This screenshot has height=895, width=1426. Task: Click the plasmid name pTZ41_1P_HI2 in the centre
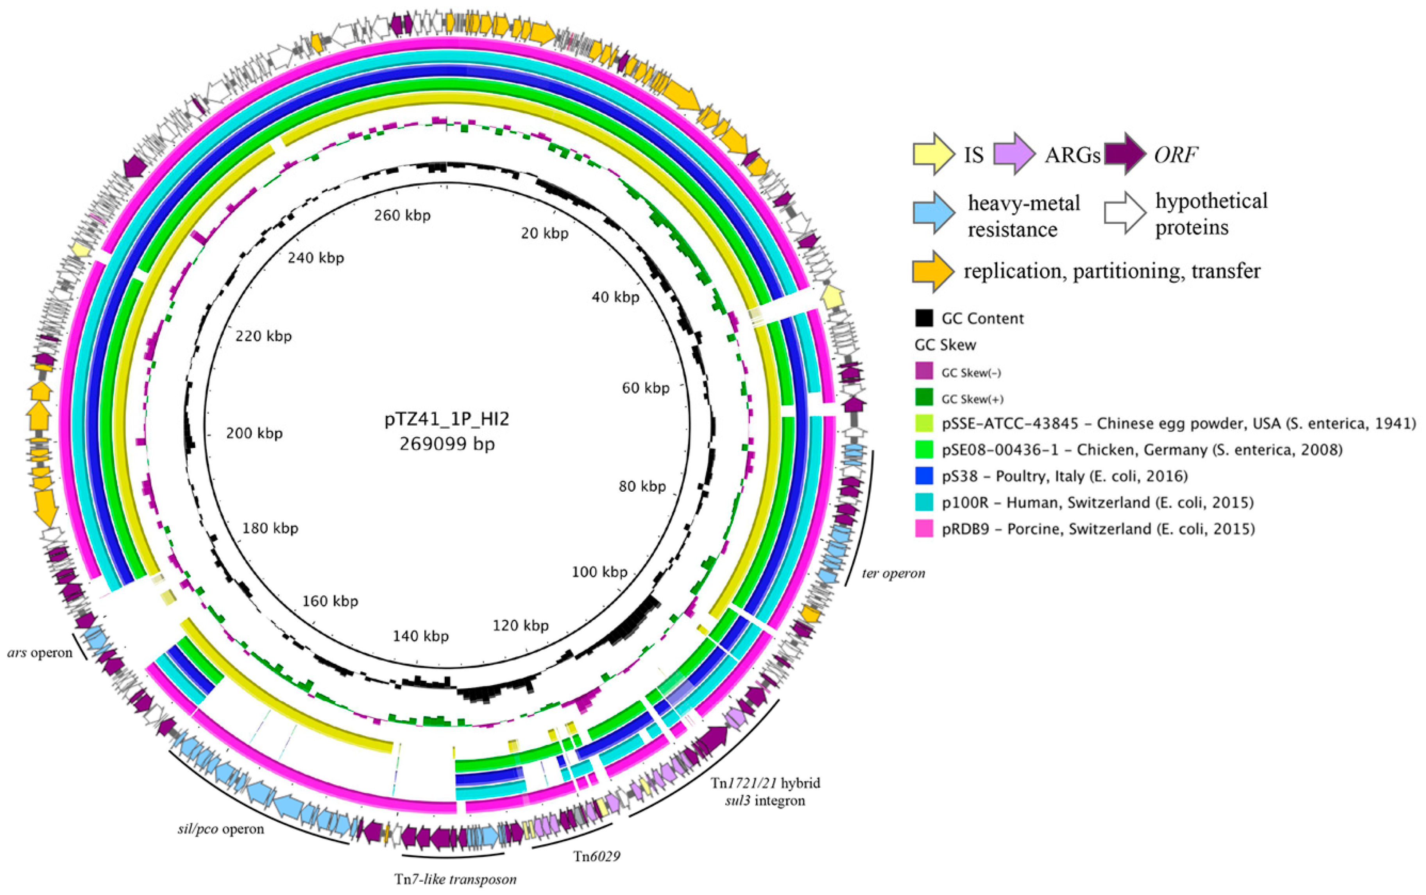447,419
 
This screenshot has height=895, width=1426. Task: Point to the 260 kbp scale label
403,215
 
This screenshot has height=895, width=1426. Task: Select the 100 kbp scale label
599,572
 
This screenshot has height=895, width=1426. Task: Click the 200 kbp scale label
254,433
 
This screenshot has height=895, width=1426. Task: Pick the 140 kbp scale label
421,636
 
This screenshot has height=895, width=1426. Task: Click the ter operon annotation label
893,573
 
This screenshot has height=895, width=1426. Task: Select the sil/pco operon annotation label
221,829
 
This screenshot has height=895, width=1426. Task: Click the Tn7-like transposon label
455,879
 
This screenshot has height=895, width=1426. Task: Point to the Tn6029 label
596,856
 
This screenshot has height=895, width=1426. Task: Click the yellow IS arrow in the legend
933,154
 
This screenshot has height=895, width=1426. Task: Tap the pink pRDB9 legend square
924,528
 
